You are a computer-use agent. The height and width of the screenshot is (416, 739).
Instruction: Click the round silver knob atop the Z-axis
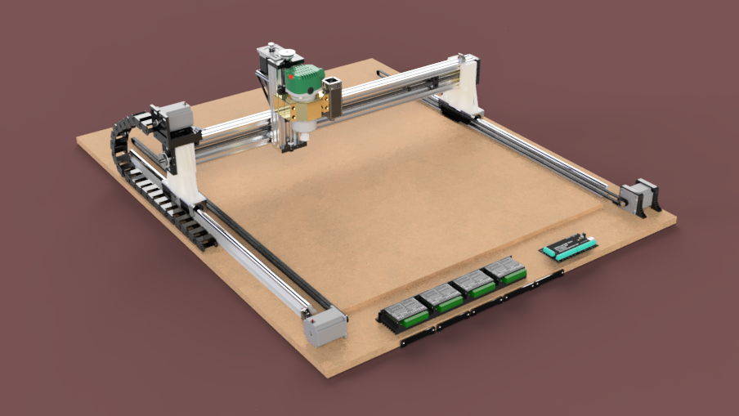[286, 55]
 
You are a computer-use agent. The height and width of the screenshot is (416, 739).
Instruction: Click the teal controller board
[568, 246]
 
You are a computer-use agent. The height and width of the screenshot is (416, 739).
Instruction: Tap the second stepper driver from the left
[439, 297]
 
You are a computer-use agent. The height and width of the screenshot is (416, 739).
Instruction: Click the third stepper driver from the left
[473, 284]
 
